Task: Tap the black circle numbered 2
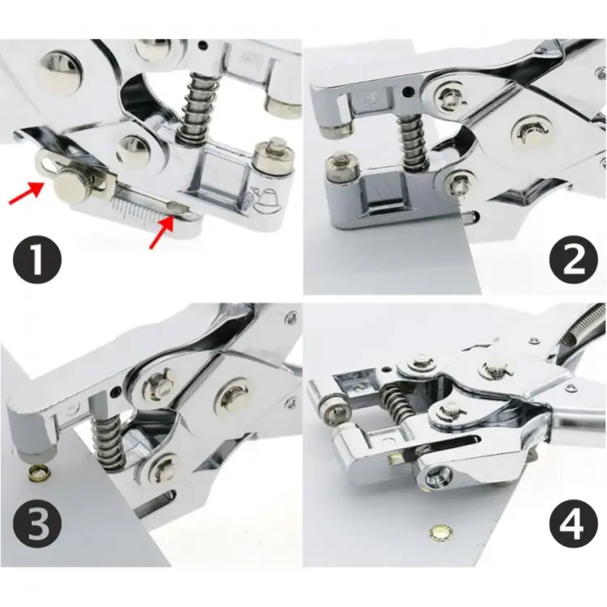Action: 573,258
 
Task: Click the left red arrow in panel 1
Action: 27,193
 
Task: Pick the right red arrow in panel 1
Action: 161,232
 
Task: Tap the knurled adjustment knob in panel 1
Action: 71,186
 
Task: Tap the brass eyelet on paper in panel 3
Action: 37,472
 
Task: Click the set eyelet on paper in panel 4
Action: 439,532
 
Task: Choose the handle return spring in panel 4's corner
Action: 584,325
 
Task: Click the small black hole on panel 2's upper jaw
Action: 406,92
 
